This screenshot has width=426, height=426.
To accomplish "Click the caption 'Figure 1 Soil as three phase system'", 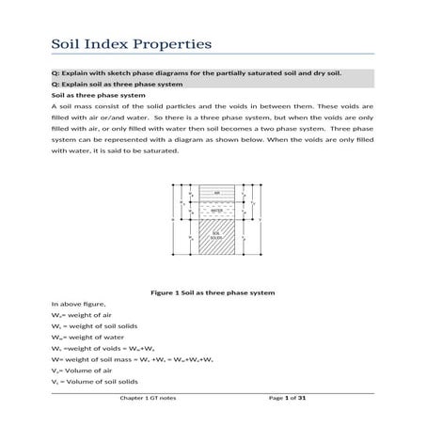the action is click(213, 292).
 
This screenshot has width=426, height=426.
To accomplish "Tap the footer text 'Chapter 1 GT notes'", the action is click(146, 413).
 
